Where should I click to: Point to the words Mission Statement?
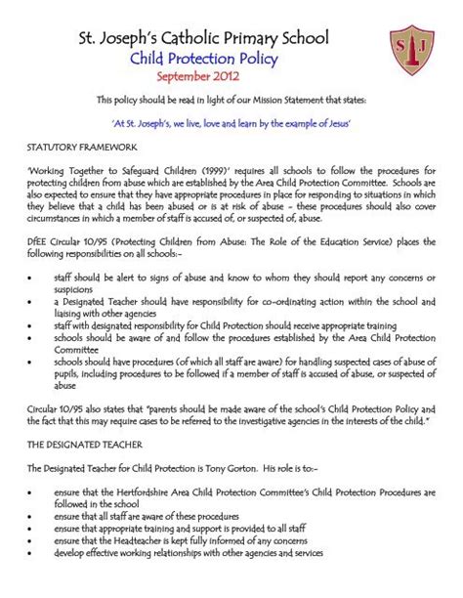click(307, 100)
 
